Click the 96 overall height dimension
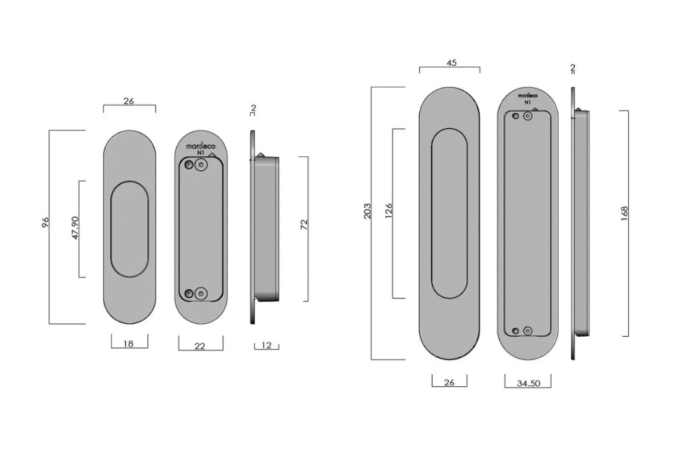(x=45, y=223)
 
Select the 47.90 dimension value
(x=75, y=228)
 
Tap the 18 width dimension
(x=129, y=344)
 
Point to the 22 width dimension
(x=200, y=346)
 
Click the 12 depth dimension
(x=266, y=346)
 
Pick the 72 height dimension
(x=304, y=225)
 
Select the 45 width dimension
(x=452, y=63)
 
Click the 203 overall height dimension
(x=368, y=212)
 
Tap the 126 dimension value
(x=389, y=211)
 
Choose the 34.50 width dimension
(x=527, y=383)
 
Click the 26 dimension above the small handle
(x=129, y=101)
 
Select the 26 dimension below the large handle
(x=449, y=382)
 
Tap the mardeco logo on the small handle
(x=201, y=146)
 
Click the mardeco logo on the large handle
(x=527, y=94)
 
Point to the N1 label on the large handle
(x=527, y=102)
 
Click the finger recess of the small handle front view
(x=129, y=229)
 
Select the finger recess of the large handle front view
(x=449, y=213)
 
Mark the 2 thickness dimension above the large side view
(x=573, y=68)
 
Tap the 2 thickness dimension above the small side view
(x=253, y=109)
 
